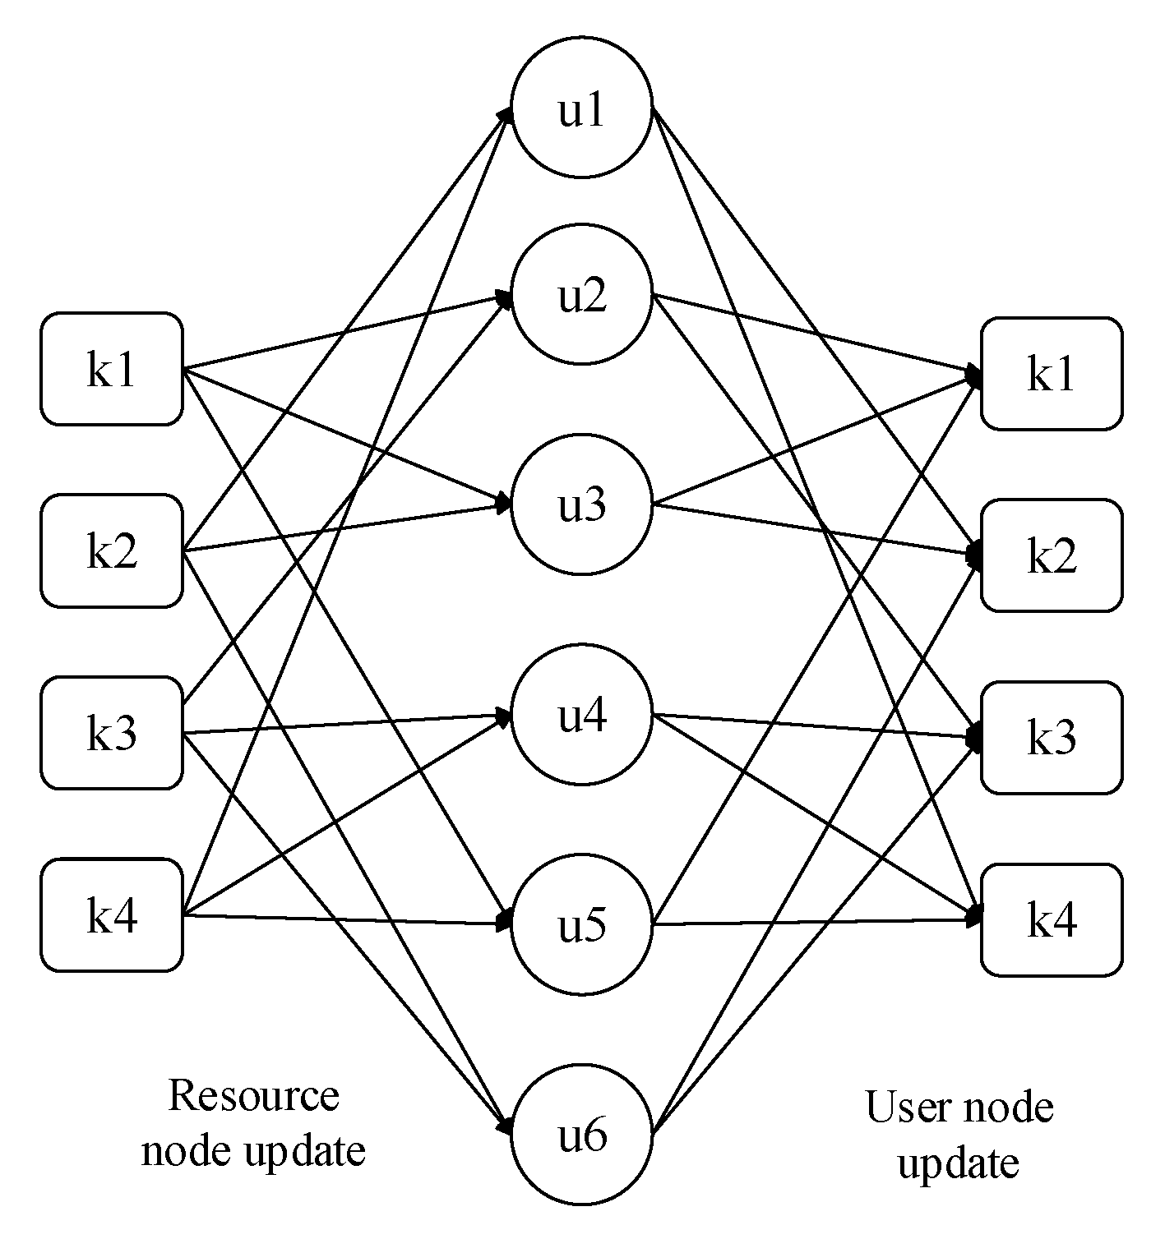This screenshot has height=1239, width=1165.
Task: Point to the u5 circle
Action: (582, 925)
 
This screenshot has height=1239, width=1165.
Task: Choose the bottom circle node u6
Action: (582, 1135)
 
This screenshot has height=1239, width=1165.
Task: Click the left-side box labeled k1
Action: (112, 369)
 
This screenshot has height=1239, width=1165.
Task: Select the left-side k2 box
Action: (112, 550)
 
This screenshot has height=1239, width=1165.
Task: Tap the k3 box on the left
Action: (112, 733)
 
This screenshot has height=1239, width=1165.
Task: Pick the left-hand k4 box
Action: (112, 915)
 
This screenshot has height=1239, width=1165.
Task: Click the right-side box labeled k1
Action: (1052, 374)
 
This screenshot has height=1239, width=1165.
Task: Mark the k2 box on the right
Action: (1052, 556)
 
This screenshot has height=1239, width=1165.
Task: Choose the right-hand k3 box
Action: (1052, 738)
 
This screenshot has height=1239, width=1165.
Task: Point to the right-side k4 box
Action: (1052, 920)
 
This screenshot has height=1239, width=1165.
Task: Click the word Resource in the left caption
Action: (253, 1096)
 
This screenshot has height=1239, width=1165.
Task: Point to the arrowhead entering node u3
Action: (503, 503)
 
